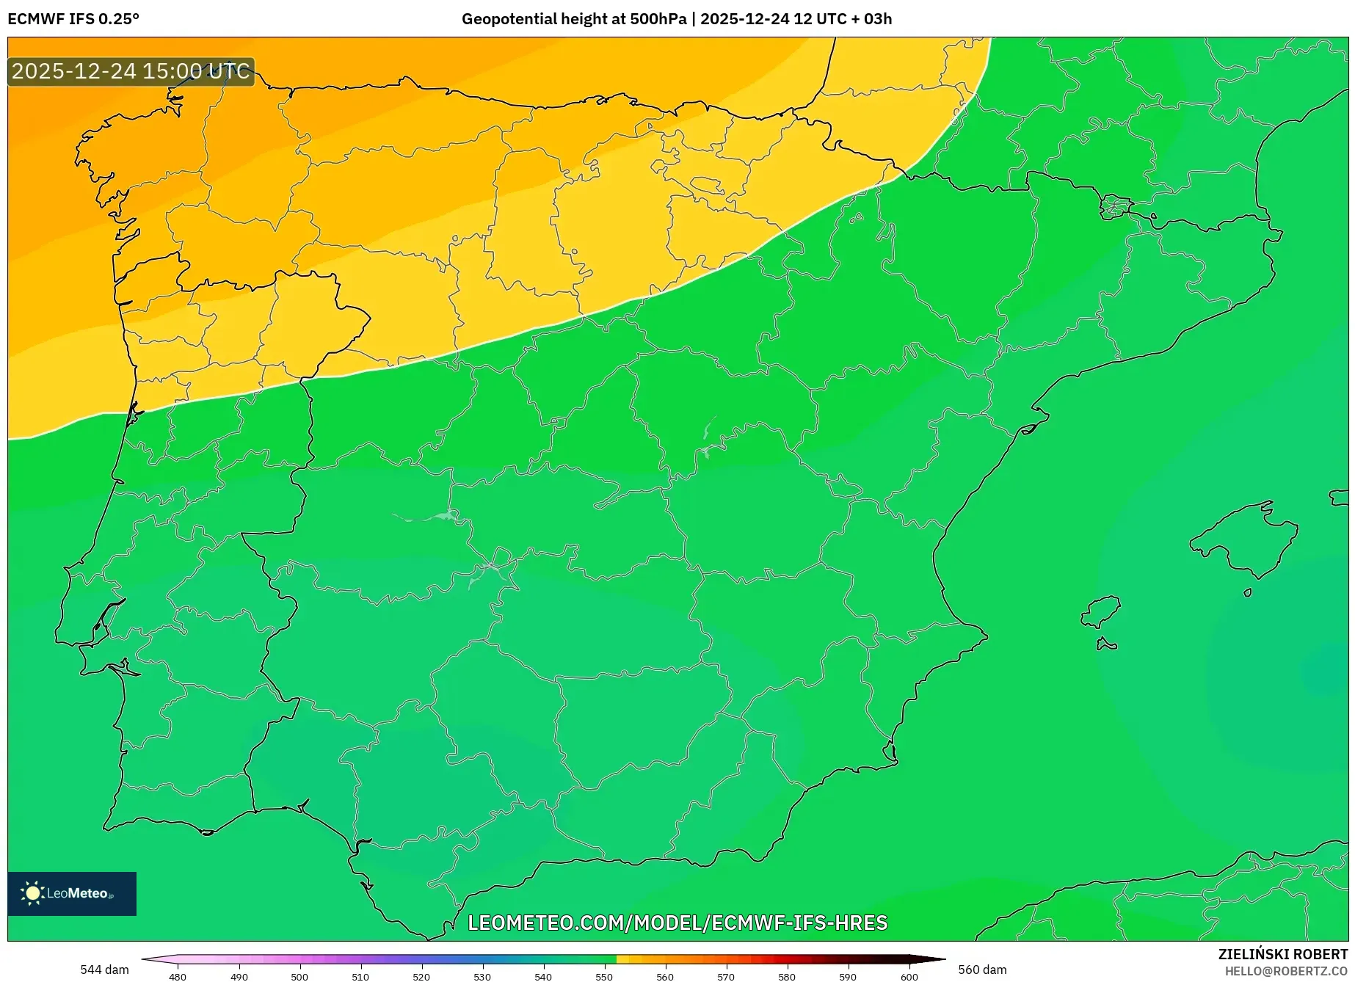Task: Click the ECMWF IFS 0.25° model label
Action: click(73, 19)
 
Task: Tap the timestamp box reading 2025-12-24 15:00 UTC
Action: click(131, 71)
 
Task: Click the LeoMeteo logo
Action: click(72, 893)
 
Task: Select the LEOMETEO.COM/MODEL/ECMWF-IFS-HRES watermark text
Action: click(677, 923)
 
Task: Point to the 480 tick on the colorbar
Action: click(178, 976)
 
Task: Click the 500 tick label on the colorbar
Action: click(299, 976)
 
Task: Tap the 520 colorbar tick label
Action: click(421, 976)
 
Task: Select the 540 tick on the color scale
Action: click(543, 976)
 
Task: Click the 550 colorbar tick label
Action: click(604, 976)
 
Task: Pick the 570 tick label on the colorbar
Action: click(726, 976)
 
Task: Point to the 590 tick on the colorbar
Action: click(848, 976)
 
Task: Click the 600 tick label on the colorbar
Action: click(909, 976)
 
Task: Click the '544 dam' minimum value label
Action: click(104, 970)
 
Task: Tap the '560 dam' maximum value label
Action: click(982, 970)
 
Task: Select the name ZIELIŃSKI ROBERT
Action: click(1283, 954)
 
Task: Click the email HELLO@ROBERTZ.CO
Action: click(1286, 971)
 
